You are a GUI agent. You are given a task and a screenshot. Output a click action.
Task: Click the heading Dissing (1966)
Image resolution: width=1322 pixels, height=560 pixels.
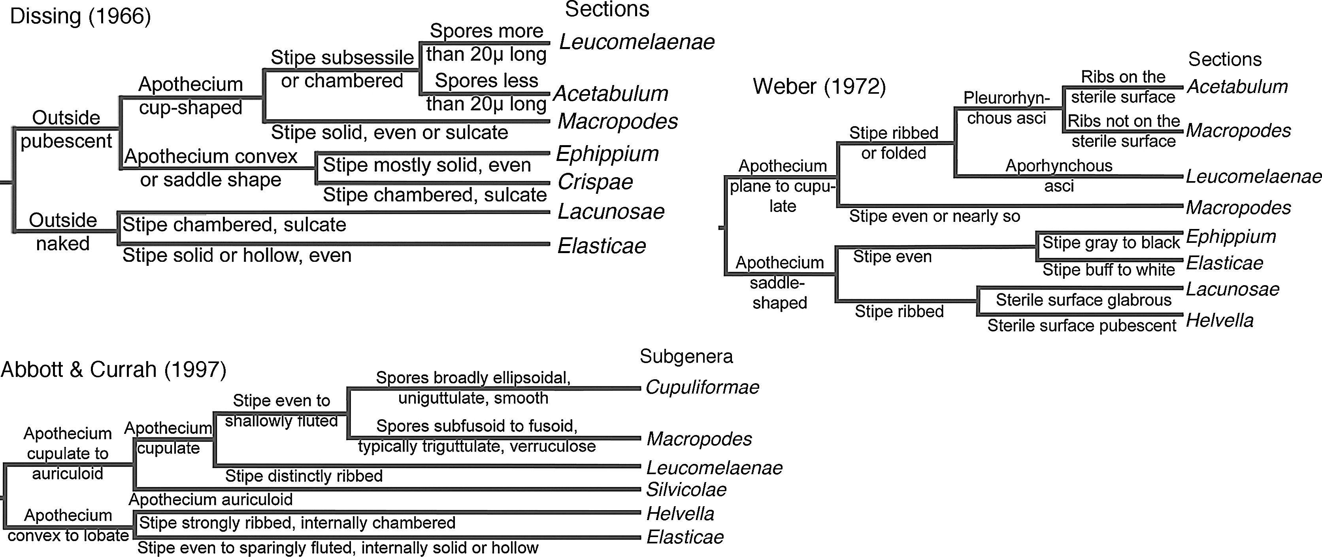(81, 17)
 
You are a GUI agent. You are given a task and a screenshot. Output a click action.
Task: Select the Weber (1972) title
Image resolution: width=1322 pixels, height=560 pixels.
(819, 86)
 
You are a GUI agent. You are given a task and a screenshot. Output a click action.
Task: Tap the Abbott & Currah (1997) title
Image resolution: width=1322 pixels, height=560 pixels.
(113, 369)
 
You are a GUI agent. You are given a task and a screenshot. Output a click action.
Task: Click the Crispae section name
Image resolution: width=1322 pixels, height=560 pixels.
(595, 182)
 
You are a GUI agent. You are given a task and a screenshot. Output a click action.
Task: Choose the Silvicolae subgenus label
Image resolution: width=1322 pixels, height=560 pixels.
(686, 490)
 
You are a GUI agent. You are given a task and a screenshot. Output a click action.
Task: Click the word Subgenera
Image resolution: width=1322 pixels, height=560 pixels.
(686, 356)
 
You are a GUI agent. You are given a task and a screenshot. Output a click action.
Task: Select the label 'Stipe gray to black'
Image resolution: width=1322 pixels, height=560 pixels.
(1111, 242)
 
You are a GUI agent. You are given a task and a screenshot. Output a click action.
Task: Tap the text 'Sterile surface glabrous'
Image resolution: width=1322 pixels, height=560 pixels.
(1083, 300)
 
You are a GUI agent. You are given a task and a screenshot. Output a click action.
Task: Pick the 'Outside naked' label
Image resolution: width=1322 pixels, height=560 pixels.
(62, 232)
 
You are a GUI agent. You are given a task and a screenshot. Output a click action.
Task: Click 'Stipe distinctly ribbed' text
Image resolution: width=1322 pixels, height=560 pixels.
(304, 476)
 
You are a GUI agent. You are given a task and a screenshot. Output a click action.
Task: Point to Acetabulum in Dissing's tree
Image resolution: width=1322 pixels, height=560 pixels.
(611, 93)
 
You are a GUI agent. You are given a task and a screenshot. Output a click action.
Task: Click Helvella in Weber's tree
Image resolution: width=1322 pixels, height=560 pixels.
(1219, 321)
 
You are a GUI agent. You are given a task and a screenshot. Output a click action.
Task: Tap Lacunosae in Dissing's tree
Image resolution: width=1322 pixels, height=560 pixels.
(611, 212)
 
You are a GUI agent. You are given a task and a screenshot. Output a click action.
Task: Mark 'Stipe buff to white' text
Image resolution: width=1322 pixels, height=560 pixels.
(1109, 270)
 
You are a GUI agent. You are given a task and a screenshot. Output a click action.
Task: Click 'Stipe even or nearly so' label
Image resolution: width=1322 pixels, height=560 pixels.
(934, 216)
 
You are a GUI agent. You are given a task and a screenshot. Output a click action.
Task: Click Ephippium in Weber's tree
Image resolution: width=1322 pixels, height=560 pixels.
(1231, 236)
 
